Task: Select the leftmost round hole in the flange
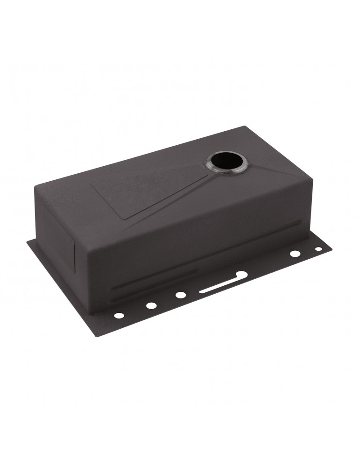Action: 119,316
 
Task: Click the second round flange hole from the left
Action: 151,305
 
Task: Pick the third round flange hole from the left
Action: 180,295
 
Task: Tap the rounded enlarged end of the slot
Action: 241,275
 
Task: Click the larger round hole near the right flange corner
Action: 295,254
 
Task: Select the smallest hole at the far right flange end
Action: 318,249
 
